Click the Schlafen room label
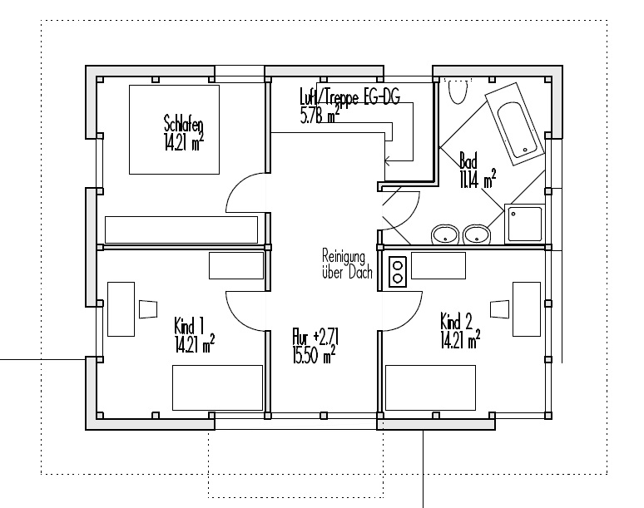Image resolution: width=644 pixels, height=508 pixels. [184, 124]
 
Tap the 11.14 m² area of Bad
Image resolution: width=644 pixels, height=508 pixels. [478, 179]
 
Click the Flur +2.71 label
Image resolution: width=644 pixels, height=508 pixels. [315, 337]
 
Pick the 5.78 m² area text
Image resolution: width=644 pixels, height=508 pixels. [320, 115]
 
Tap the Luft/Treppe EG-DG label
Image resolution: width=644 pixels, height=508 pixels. [350, 96]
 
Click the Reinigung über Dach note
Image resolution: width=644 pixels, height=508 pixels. [347, 264]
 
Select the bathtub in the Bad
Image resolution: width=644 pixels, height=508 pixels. [515, 124]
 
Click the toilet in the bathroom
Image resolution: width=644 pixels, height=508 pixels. [457, 92]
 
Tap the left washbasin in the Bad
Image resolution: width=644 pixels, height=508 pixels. [445, 234]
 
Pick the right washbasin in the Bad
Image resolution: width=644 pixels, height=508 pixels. [477, 234]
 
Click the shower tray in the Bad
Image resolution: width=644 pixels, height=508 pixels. [524, 224]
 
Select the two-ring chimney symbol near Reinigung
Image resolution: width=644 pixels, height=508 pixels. [398, 272]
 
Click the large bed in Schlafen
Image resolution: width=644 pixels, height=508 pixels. [174, 130]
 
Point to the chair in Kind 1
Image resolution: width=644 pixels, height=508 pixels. [148, 309]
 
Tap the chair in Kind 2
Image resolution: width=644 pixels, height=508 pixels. [499, 309]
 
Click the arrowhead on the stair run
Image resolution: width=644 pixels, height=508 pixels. [386, 160]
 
